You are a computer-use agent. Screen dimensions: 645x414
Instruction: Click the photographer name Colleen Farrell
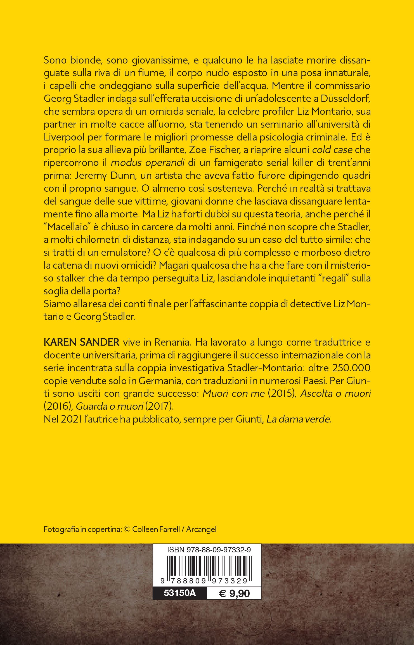click(x=156, y=521)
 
